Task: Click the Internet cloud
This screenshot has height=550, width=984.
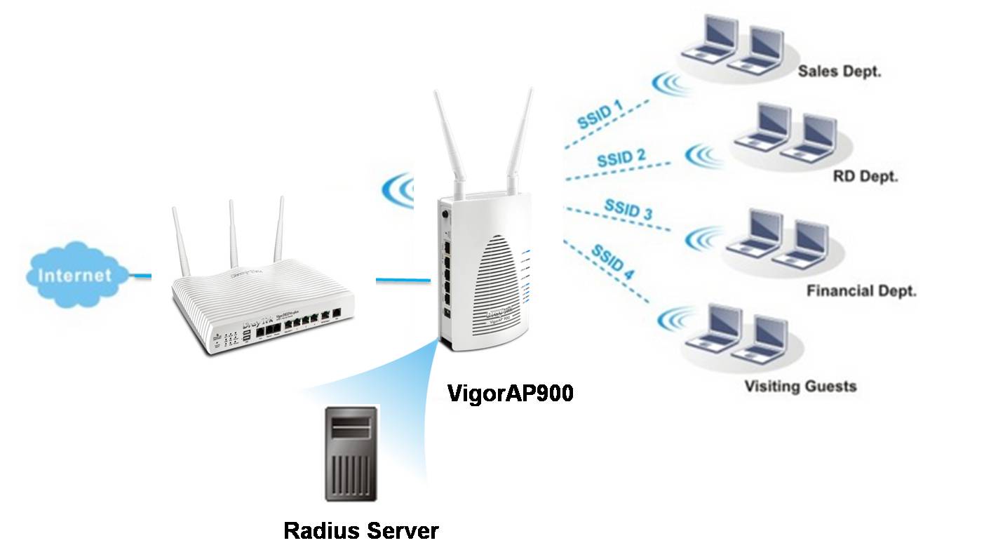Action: (75, 274)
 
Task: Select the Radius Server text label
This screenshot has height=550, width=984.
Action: (360, 530)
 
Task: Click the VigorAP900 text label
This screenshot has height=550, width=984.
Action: (511, 394)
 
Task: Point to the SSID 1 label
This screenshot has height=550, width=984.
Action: (600, 114)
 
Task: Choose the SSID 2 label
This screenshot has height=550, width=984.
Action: (621, 157)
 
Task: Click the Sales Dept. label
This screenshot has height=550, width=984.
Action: (840, 72)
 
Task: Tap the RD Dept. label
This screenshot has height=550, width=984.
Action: (865, 176)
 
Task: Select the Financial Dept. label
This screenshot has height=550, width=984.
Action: (861, 290)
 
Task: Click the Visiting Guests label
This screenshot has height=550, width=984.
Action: (800, 386)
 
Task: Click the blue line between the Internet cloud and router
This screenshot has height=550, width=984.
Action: (141, 276)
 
